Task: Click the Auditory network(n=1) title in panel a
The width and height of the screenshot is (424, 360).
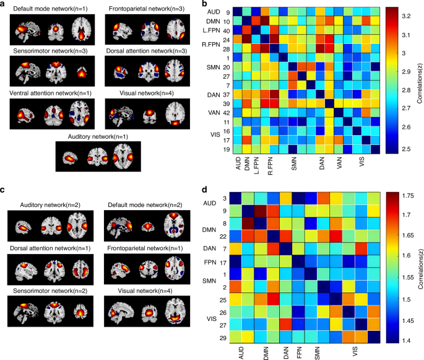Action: (98, 136)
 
